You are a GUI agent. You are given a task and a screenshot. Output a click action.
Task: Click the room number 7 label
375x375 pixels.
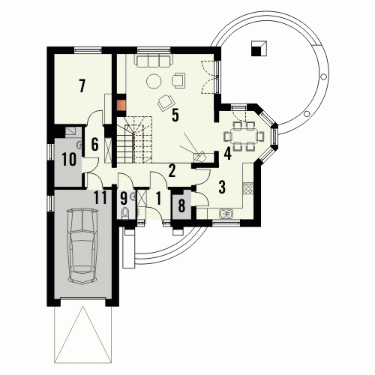click(82, 85)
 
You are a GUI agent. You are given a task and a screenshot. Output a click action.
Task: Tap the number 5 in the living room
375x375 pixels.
click(175, 115)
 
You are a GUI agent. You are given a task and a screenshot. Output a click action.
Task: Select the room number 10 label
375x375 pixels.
click(69, 160)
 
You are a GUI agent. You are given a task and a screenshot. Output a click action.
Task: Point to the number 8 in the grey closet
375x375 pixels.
click(181, 205)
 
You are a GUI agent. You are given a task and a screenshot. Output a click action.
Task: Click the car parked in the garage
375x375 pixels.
click(82, 246)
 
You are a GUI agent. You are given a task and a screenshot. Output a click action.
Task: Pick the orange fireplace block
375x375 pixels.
click(121, 105)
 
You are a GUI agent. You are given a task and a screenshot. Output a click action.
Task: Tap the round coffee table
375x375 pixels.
click(154, 81)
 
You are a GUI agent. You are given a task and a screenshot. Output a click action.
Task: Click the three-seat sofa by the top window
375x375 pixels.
click(153, 61)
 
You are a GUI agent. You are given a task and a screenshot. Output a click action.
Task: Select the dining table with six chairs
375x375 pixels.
click(244, 136)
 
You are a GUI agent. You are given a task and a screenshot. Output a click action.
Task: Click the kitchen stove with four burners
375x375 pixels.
click(248, 188)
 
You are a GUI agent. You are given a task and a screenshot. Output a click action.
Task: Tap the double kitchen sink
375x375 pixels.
click(226, 214)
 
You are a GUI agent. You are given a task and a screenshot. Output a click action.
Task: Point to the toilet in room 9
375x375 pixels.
click(124, 214)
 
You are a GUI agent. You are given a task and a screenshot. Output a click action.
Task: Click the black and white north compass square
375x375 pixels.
click(259, 49)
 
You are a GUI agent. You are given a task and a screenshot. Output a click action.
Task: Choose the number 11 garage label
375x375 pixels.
click(100, 198)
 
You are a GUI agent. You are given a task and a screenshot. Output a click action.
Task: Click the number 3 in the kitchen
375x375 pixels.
click(222, 187)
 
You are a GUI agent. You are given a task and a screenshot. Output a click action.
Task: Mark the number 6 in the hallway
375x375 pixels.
click(94, 144)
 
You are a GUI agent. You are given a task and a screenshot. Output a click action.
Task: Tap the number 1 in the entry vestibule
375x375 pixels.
click(158, 199)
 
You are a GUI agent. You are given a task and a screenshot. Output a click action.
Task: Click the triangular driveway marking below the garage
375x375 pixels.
click(82, 334)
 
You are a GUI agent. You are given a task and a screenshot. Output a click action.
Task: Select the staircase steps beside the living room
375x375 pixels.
click(134, 139)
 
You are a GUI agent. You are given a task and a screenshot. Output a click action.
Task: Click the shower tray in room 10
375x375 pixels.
click(71, 131)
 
